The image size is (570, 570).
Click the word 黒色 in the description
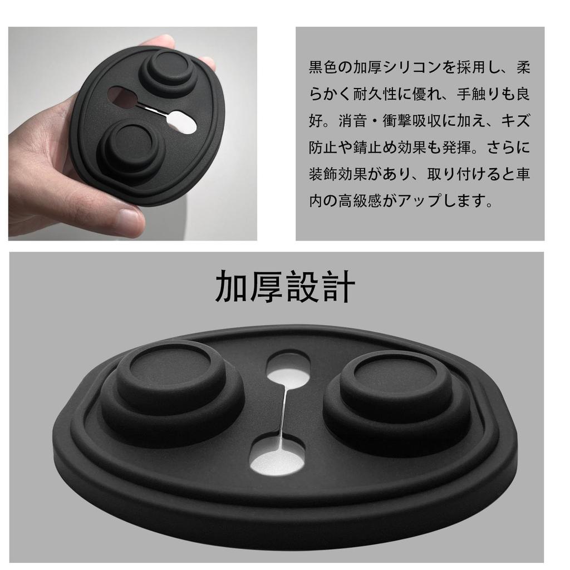click(x=323, y=68)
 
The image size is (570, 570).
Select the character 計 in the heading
click(x=338, y=287)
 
